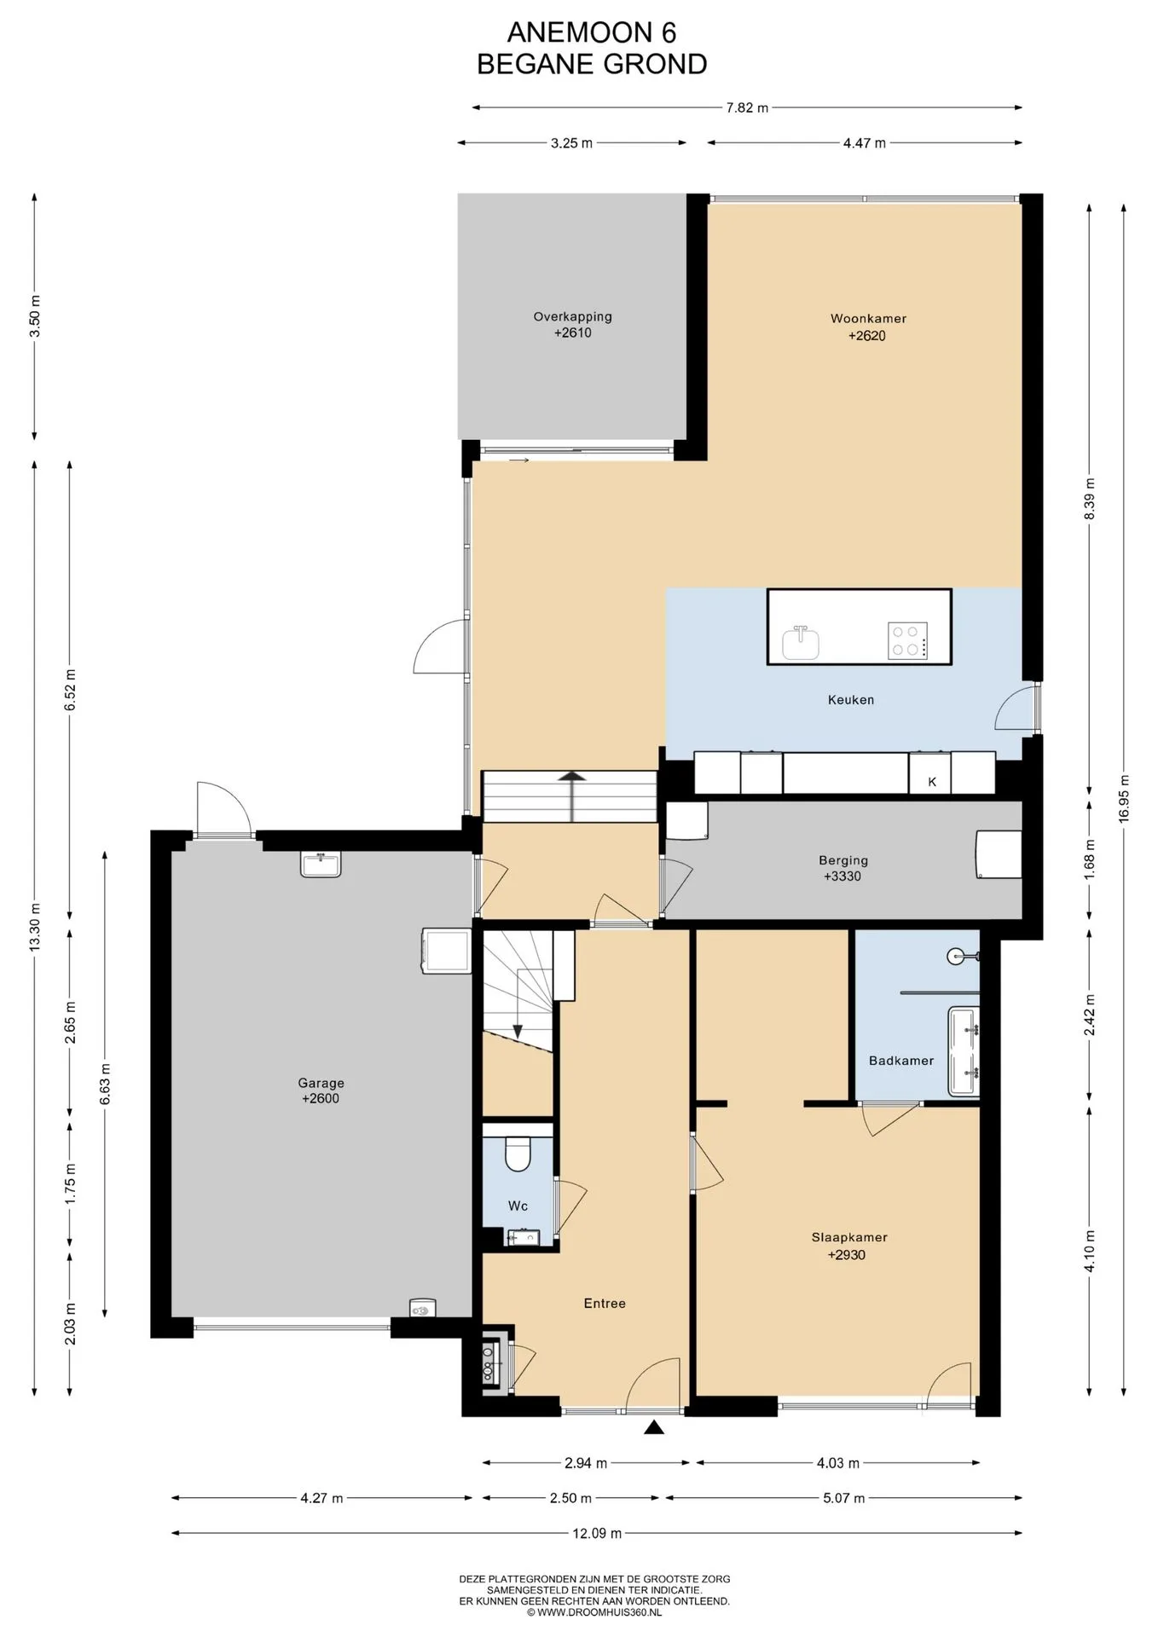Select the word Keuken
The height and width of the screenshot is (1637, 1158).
pos(851,700)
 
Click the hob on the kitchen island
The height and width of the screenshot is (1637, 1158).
pos(907,641)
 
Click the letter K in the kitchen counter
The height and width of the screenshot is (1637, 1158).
pos(932,782)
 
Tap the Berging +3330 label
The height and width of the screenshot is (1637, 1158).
pos(842,869)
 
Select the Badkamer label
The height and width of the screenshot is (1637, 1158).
pos(901,1061)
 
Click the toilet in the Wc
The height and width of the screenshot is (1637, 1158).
pos(518,1154)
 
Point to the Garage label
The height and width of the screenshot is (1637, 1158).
pos(321,1091)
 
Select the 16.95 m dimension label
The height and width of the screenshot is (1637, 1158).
pos(1124,798)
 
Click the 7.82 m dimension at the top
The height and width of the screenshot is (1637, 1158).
pos(747,107)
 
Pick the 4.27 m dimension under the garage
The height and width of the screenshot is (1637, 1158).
pos(321,1498)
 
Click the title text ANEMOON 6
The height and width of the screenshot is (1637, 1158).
pos(592,32)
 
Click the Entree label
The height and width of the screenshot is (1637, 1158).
pos(605,1303)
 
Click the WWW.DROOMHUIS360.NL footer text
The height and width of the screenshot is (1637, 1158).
pos(594,1612)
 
